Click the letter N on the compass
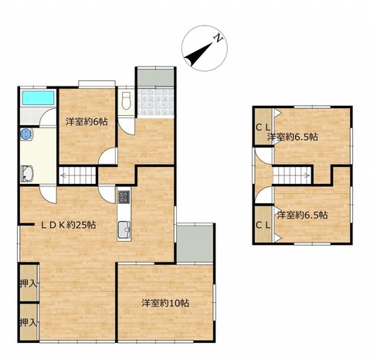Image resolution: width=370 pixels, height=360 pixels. tap(219, 38)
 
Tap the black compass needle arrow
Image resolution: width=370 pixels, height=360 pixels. tap(199, 54)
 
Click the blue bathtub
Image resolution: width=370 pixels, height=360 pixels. tap(38, 98)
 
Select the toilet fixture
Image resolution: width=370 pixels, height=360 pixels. tap(126, 100)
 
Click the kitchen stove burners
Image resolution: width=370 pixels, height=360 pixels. tap(124, 197)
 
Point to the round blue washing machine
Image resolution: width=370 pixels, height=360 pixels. tap(26, 134)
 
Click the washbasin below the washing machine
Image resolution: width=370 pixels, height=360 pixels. tap(27, 174)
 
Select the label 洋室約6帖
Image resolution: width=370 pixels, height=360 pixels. tap(87, 121)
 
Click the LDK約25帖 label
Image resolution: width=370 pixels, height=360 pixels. tap(69, 225)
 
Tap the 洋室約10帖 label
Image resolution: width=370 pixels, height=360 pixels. tap(165, 303)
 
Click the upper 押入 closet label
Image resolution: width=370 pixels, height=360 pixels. tap(29, 284)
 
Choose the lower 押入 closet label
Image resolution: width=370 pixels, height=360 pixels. tap(29, 322)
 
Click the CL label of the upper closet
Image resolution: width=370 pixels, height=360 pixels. tap(263, 127)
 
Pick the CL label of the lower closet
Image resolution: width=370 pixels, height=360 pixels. tap(263, 226)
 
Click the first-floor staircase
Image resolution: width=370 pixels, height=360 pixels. tap(77, 175)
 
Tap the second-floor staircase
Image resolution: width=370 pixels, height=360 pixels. tap(292, 175)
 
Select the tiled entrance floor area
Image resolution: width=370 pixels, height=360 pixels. tap(155, 102)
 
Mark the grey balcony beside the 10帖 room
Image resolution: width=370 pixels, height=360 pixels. tap(195, 243)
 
